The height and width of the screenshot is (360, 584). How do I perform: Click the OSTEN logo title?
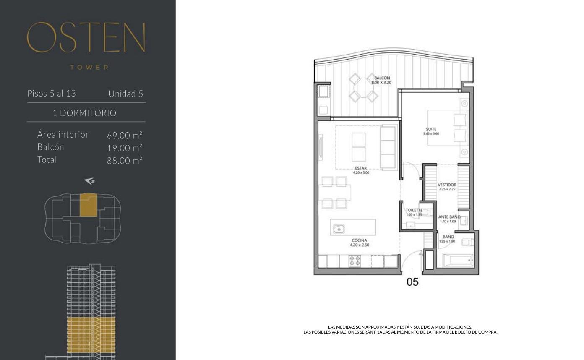[86, 37]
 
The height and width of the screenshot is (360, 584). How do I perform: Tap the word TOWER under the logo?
[89, 68]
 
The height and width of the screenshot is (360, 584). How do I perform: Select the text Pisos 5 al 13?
[52, 93]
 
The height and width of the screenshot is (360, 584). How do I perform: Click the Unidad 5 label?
[126, 94]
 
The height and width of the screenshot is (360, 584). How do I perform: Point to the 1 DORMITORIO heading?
[84, 113]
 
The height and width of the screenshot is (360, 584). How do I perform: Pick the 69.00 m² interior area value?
[125, 135]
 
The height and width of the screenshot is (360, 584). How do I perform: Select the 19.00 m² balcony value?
[125, 148]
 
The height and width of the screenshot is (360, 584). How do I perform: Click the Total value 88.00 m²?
[125, 160]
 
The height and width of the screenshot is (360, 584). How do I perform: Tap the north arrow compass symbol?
[90, 181]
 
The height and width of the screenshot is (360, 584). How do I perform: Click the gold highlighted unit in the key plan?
[88, 205]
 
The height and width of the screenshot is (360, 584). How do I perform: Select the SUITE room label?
[431, 129]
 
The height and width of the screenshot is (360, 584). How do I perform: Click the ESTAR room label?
[361, 168]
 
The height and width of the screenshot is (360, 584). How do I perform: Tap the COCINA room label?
[359, 240]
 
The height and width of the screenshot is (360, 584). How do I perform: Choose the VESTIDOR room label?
[447, 185]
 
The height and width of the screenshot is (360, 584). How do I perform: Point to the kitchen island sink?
[339, 229]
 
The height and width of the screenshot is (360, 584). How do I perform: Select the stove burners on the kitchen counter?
[355, 261]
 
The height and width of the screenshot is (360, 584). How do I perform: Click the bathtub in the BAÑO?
[458, 261]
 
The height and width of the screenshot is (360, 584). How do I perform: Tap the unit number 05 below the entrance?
[412, 282]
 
